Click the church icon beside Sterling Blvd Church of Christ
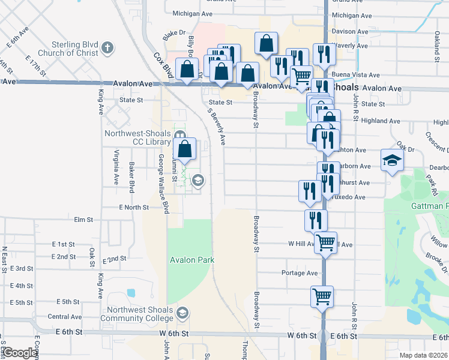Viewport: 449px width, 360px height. click(107, 48)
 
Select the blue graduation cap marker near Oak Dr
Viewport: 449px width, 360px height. click(392, 160)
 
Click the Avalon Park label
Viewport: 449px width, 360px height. click(192, 260)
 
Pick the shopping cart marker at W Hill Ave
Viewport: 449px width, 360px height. click(325, 243)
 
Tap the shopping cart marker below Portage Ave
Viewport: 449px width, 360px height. click(322, 296)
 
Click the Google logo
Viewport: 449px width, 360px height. click(20, 353)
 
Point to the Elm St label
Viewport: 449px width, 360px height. click(83, 220)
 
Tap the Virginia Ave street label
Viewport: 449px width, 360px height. click(115, 167)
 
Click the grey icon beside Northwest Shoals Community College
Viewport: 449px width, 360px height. click(183, 313)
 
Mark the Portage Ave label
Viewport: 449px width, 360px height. click(299, 273)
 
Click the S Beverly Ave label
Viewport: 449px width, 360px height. click(217, 127)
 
